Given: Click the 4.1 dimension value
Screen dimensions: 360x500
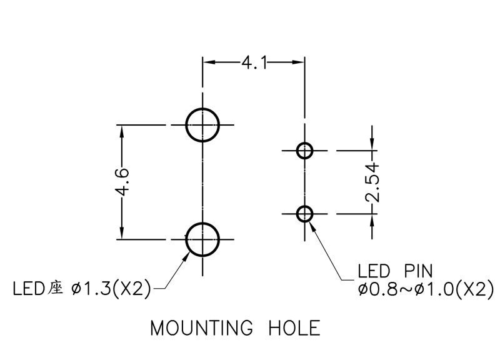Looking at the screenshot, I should (254, 62).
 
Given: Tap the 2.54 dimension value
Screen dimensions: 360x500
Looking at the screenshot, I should (372, 182).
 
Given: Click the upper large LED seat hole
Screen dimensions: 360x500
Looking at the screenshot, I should (202, 125).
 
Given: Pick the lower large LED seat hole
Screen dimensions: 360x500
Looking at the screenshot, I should (202, 239).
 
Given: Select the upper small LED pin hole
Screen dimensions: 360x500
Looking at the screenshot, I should (305, 151).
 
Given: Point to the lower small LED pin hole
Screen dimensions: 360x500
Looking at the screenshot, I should (305, 214).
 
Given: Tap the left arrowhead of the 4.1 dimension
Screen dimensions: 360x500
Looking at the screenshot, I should (208, 62).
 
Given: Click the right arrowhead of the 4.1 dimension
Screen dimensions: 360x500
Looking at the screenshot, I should (299, 62).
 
